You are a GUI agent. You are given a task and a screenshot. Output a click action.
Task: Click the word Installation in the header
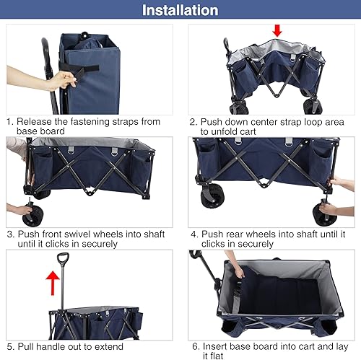pyautogui.click(x=180, y=10)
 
